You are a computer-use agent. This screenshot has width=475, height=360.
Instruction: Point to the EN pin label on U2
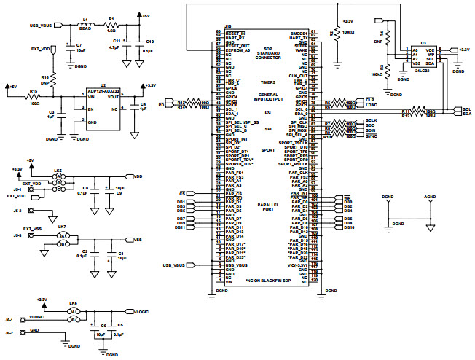point(91,109)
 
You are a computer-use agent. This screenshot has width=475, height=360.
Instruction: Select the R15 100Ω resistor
point(34,97)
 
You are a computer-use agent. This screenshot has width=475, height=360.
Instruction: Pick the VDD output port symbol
point(138,176)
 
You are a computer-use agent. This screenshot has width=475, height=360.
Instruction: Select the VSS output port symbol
point(138,240)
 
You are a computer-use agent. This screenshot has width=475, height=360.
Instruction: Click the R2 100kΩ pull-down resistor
point(337,36)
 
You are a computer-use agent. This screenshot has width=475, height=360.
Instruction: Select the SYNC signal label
point(371,136)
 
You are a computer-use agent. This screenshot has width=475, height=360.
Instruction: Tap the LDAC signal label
point(370,104)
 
